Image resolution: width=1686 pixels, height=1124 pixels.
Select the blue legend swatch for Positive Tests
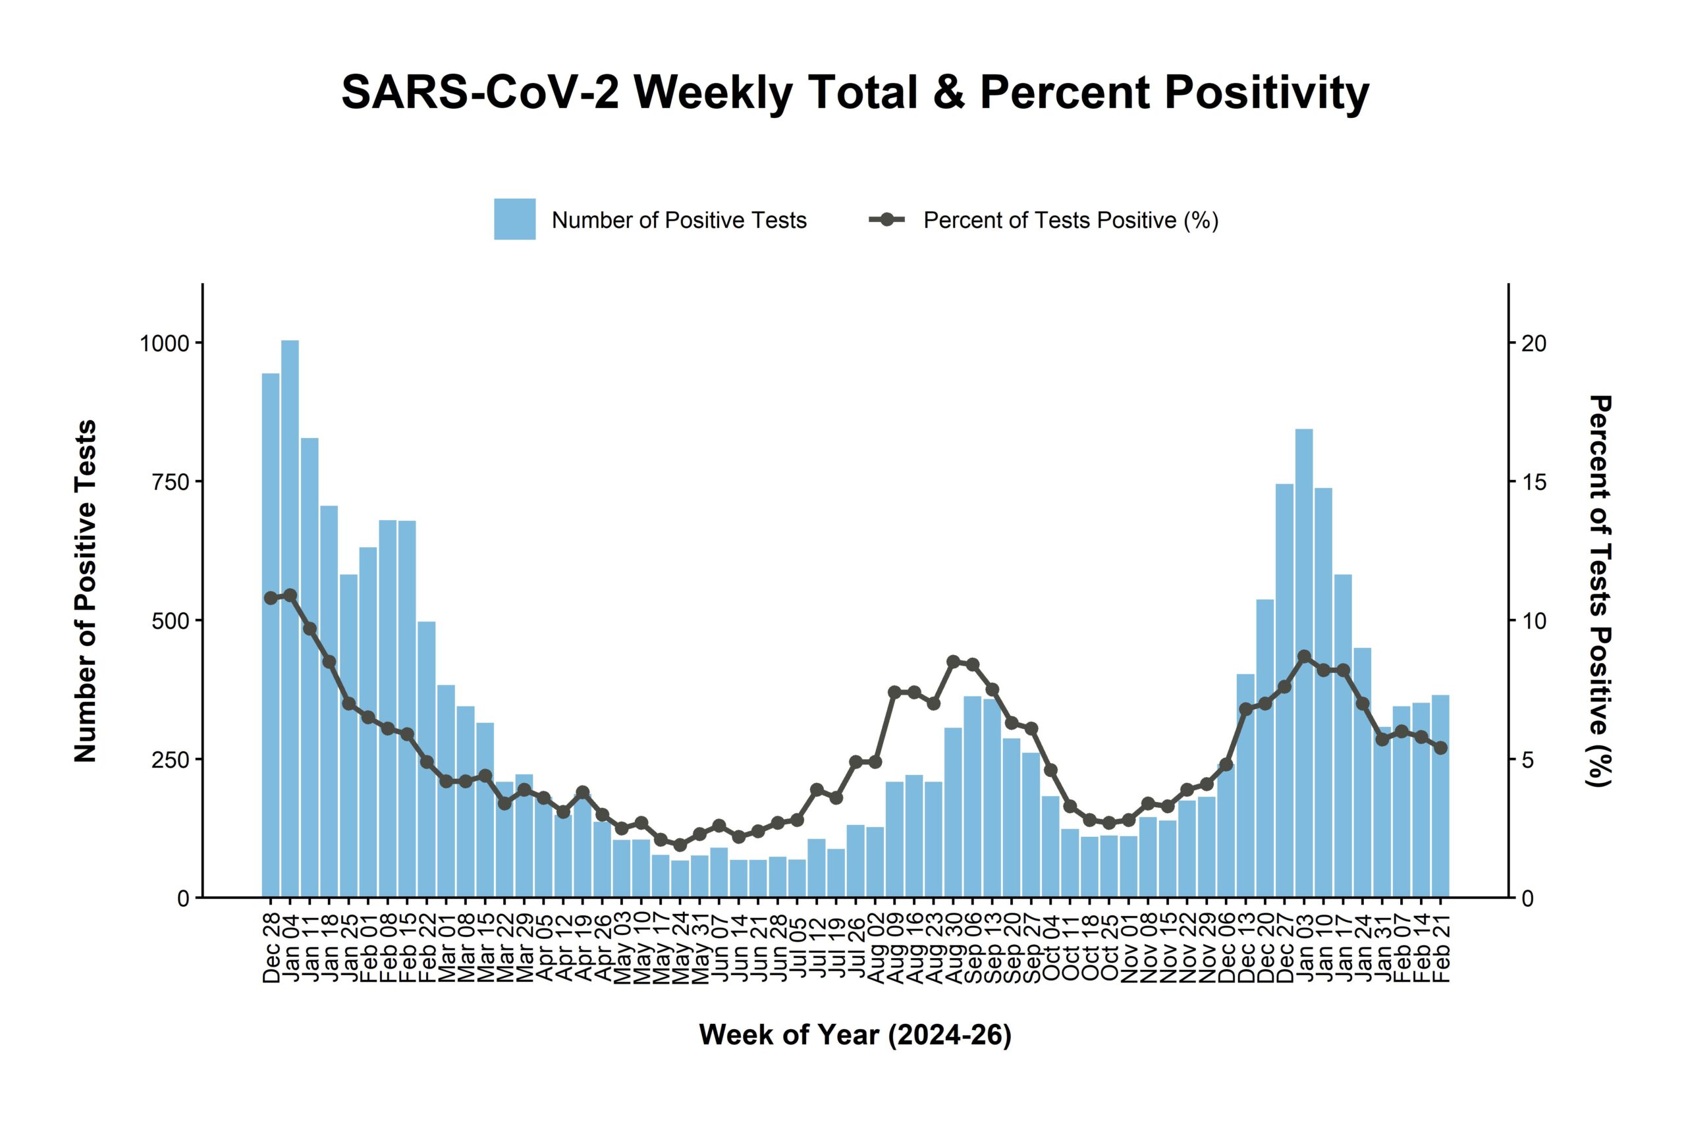click(514, 219)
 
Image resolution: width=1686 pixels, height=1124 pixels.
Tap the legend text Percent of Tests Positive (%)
click(1071, 220)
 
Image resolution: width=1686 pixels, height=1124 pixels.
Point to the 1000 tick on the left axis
click(164, 343)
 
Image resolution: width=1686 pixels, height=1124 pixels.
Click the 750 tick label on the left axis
click(171, 482)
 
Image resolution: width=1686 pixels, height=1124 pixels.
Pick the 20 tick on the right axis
click(1534, 343)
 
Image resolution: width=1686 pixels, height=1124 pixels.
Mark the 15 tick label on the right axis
click(1534, 482)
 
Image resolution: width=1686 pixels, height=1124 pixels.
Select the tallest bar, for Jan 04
click(290, 616)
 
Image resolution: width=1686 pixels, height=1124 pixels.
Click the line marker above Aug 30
click(953, 662)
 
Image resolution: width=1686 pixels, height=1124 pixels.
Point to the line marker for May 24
click(680, 845)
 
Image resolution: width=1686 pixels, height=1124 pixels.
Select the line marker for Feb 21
click(1440, 747)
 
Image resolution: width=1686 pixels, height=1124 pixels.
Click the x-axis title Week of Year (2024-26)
click(856, 1035)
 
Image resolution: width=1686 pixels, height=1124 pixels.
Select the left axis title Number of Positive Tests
click(86, 591)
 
